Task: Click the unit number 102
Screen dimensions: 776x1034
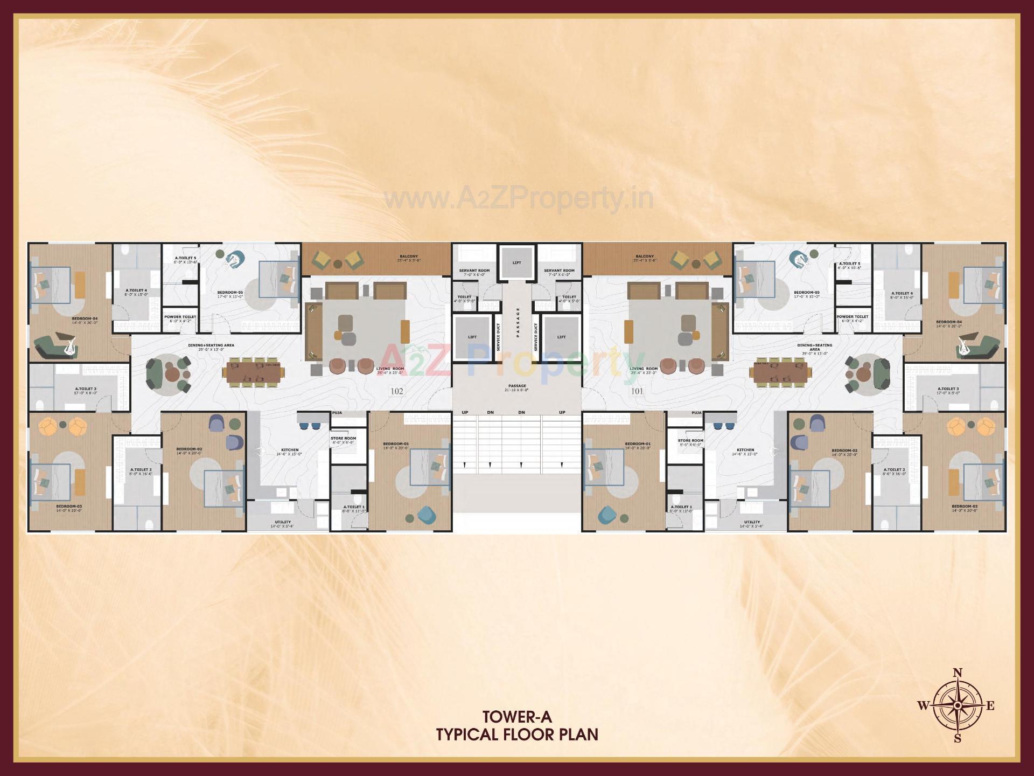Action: [x=396, y=391]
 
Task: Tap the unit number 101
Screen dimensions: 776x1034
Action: [x=637, y=391]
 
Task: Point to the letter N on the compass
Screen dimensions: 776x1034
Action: [x=958, y=673]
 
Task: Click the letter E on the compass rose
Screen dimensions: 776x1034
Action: [x=990, y=706]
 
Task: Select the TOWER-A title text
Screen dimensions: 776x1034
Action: [x=517, y=717]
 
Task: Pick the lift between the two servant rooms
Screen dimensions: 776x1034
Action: [x=517, y=262]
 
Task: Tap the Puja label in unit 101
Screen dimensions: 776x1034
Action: [x=696, y=412]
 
